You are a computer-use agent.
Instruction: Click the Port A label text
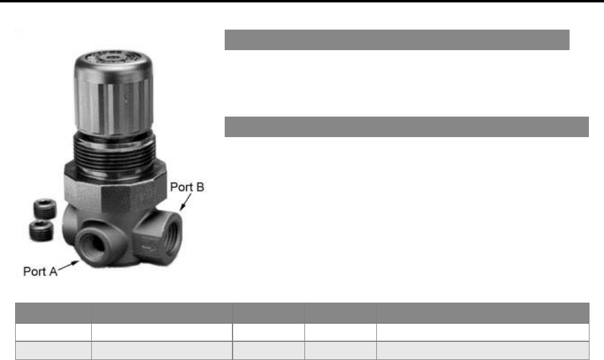coord(40,271)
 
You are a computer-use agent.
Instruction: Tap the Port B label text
coord(187,187)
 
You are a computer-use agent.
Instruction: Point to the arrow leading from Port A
coord(68,265)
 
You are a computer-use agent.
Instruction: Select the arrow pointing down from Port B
coord(185,202)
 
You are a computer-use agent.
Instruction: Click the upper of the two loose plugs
coord(45,209)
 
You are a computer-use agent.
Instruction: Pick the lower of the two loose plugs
coord(41,231)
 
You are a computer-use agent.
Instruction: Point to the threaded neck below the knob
coord(114,150)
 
